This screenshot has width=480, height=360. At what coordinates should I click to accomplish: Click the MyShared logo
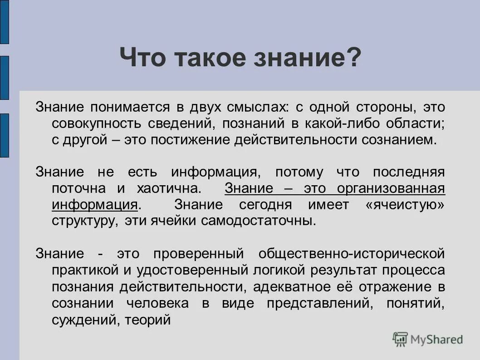pyautogui.click(x=428, y=339)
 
